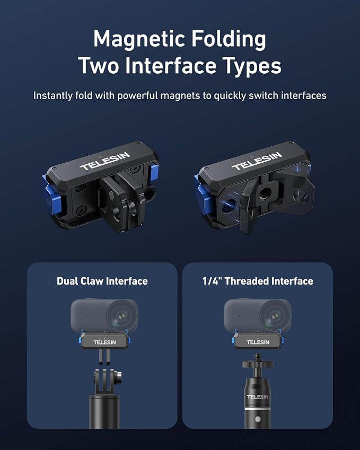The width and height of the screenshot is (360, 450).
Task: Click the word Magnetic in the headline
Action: [x=139, y=40]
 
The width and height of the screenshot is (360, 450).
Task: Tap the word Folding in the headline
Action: [x=229, y=40]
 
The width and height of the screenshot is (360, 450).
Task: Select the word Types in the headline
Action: [x=252, y=66]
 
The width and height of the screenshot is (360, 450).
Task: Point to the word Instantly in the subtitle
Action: [x=52, y=95]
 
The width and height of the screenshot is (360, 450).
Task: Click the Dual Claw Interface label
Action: [x=102, y=281]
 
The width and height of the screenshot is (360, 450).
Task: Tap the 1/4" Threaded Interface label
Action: [x=258, y=281]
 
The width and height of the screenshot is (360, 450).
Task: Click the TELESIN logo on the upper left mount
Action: [x=105, y=161]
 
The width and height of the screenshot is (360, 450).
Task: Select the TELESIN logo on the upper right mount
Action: [x=257, y=161]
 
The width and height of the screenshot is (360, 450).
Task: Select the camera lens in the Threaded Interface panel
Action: [x=276, y=316]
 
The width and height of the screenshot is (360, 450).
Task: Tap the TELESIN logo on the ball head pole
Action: [x=258, y=396]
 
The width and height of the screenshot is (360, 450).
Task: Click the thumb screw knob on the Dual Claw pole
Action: [x=118, y=377]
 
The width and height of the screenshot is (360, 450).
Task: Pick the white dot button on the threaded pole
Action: [x=258, y=419]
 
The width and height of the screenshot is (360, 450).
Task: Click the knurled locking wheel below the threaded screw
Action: [x=258, y=364]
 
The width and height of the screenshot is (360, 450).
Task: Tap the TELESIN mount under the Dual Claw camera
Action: [x=104, y=340]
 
